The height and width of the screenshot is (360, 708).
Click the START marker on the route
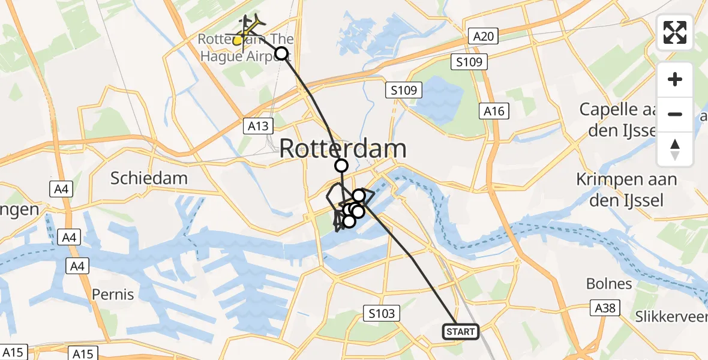(x=461, y=331)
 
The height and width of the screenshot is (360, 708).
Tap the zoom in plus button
(x=675, y=80)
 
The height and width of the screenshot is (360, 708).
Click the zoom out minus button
(x=675, y=114)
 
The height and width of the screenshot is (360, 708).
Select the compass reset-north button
(x=675, y=149)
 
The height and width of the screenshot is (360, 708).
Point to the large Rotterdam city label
(x=343, y=149)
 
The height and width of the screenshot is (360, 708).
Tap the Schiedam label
(x=149, y=178)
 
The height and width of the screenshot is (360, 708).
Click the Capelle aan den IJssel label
(x=635, y=119)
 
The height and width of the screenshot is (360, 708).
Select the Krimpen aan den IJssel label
(x=626, y=190)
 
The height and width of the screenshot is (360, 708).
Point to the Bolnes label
(x=609, y=284)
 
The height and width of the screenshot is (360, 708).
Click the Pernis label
(x=113, y=295)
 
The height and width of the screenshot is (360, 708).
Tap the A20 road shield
(x=483, y=37)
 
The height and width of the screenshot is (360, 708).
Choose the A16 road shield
(x=494, y=111)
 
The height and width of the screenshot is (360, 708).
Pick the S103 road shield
(x=382, y=313)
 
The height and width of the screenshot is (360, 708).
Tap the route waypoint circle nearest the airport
(x=281, y=54)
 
